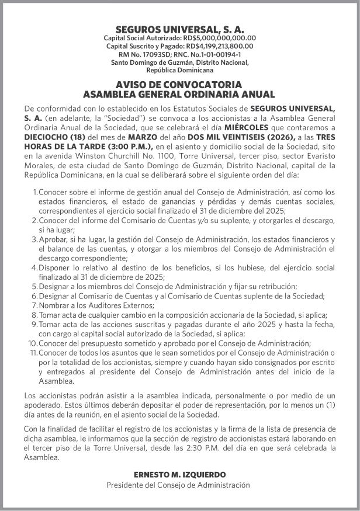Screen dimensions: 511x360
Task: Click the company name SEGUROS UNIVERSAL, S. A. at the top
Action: (x=180, y=29)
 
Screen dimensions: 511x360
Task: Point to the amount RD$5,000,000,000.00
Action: (x=222, y=38)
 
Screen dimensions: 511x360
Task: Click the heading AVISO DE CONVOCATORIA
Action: (x=179, y=85)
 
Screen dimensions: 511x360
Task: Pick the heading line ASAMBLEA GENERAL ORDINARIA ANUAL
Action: (x=179, y=94)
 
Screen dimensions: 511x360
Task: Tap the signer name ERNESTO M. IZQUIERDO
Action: (x=179, y=475)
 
